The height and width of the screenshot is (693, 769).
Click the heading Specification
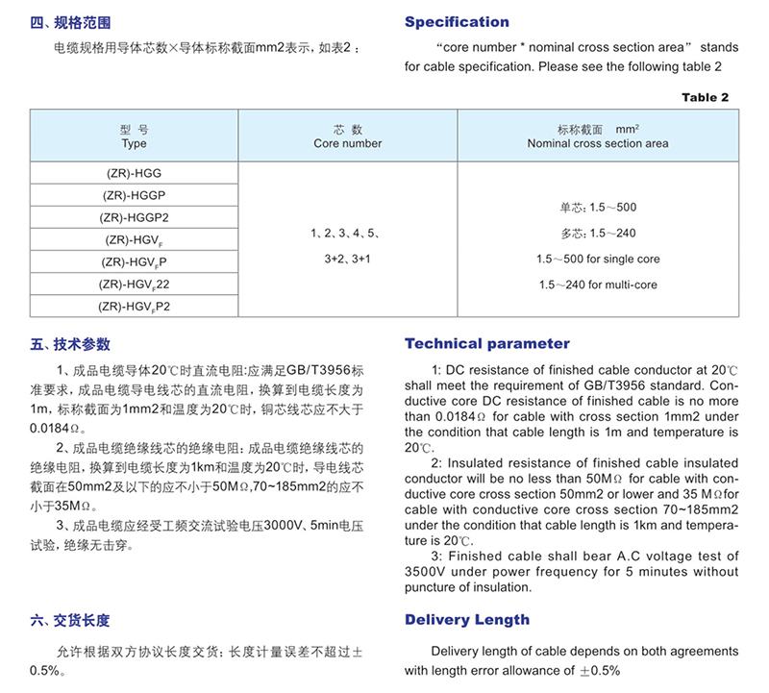[457, 22]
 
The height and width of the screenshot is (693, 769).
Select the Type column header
[134, 136]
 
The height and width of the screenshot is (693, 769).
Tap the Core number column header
[347, 136]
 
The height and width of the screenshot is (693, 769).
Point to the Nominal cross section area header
[597, 136]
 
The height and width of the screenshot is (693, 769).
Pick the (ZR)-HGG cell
[134, 173]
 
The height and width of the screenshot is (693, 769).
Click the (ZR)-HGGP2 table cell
[134, 217]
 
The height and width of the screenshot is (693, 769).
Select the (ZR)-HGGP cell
[134, 195]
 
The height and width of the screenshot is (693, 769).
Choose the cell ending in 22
[134, 284]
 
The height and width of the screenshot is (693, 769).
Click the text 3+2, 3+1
[347, 259]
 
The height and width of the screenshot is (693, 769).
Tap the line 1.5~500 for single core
[598, 260]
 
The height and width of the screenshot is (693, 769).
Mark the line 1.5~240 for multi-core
[598, 285]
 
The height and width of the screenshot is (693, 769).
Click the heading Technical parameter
[486, 344]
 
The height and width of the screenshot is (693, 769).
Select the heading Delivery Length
[466, 620]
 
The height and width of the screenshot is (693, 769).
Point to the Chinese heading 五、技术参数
[71, 344]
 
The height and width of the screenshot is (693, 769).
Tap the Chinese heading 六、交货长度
[71, 621]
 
